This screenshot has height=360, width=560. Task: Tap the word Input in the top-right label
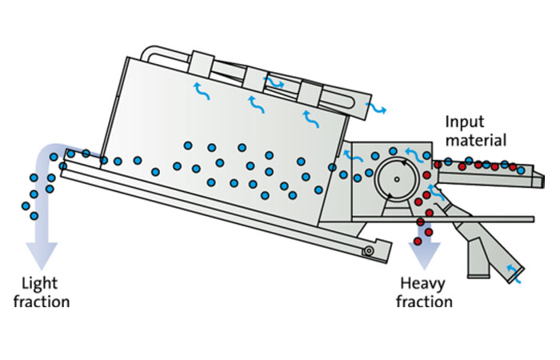point(464,122)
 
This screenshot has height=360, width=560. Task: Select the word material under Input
point(477,140)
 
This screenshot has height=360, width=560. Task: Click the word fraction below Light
point(46,302)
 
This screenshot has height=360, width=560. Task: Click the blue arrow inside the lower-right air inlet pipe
point(517,280)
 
